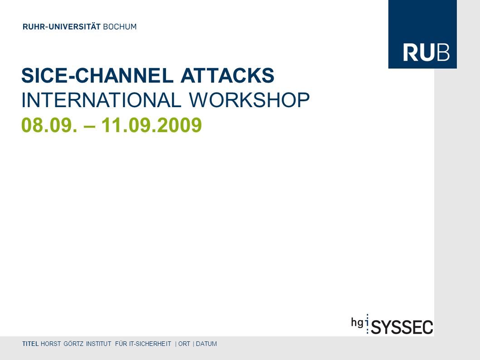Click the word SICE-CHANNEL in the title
tap(98, 75)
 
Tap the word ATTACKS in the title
tap(227, 75)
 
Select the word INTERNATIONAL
tap(101, 100)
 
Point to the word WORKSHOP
tap(249, 100)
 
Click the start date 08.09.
tap(49, 125)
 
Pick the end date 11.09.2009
tap(152, 125)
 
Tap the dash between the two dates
tap(89, 126)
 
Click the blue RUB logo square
tap(422, 34)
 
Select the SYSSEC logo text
tap(402, 327)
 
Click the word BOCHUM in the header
tap(120, 27)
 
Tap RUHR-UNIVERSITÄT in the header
tap(62, 27)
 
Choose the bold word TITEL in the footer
tap(30, 344)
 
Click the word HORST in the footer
tap(51, 344)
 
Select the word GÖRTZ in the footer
tap(73, 344)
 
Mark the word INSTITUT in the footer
tap(98, 344)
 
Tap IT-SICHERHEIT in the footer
tap(150, 344)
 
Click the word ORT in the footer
tap(184, 344)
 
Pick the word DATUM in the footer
tap(206, 344)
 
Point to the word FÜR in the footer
tap(121, 344)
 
